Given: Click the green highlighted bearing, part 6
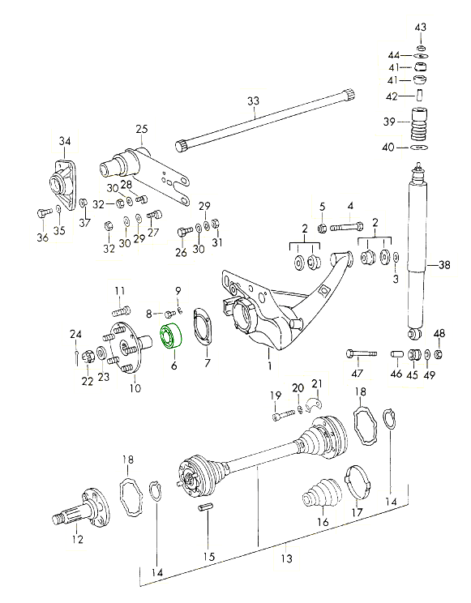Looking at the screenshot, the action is click(171, 336).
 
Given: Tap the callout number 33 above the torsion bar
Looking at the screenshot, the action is click(253, 101).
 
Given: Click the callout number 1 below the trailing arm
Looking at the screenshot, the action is click(270, 365).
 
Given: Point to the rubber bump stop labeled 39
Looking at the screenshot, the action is click(417, 125).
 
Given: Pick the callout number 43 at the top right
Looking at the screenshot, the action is click(421, 28).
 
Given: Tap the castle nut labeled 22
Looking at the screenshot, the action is click(88, 358).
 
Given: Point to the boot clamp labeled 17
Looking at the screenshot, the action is click(358, 483).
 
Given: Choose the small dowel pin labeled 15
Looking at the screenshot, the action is click(206, 508).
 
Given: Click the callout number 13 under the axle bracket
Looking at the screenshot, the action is click(287, 558).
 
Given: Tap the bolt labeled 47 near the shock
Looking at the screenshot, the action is click(361, 353).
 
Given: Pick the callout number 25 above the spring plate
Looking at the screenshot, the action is click(142, 129).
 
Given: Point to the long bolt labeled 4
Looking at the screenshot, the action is click(347, 226).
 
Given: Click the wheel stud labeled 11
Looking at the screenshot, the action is click(121, 310).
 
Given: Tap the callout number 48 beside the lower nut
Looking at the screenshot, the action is click(439, 333).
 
